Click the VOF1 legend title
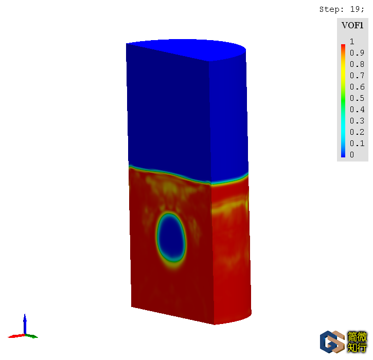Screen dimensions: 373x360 click(352, 25)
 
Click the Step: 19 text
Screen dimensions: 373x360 click(342, 9)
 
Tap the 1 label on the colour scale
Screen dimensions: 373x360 click(352, 42)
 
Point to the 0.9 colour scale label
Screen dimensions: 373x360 click(357, 53)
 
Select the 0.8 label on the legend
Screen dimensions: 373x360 click(357, 64)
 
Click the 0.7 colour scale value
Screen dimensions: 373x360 click(357, 76)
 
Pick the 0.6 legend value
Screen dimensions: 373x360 click(357, 87)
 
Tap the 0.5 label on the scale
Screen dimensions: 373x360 click(357, 98)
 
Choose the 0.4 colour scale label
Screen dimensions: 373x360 click(357, 110)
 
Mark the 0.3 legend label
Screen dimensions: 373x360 click(357, 121)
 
